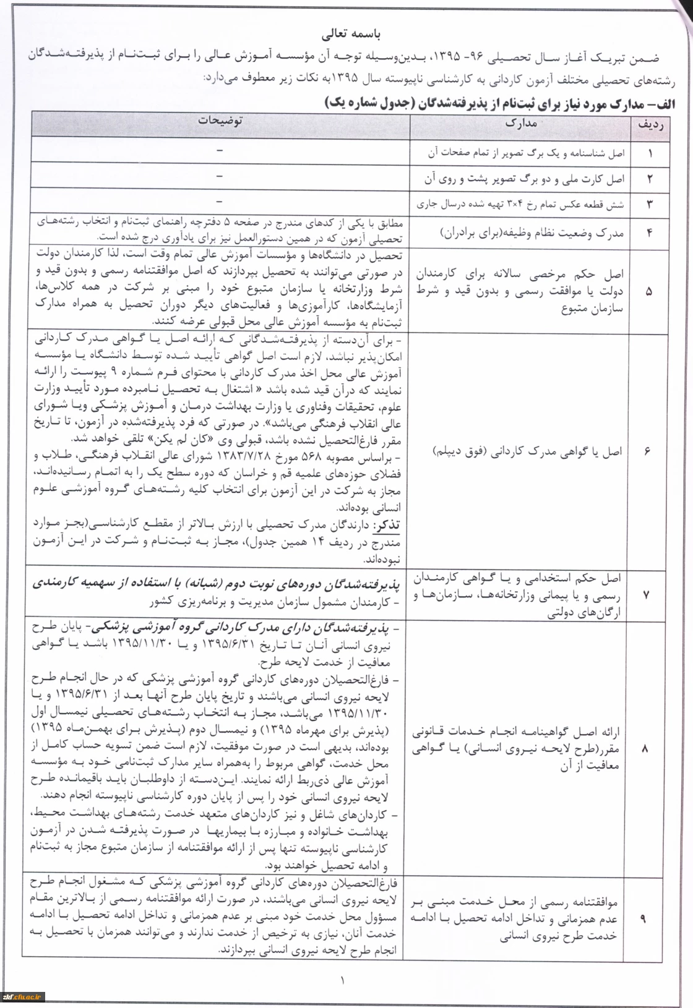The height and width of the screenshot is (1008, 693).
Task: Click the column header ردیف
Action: click(650, 124)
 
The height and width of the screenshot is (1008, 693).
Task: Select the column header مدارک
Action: click(520, 123)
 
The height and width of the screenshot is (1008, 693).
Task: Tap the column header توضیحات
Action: click(220, 121)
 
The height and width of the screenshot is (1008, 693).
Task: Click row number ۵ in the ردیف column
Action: click(648, 291)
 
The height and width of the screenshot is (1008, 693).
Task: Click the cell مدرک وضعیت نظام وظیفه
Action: click(532, 233)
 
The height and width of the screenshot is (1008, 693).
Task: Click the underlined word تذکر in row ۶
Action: click(386, 525)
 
